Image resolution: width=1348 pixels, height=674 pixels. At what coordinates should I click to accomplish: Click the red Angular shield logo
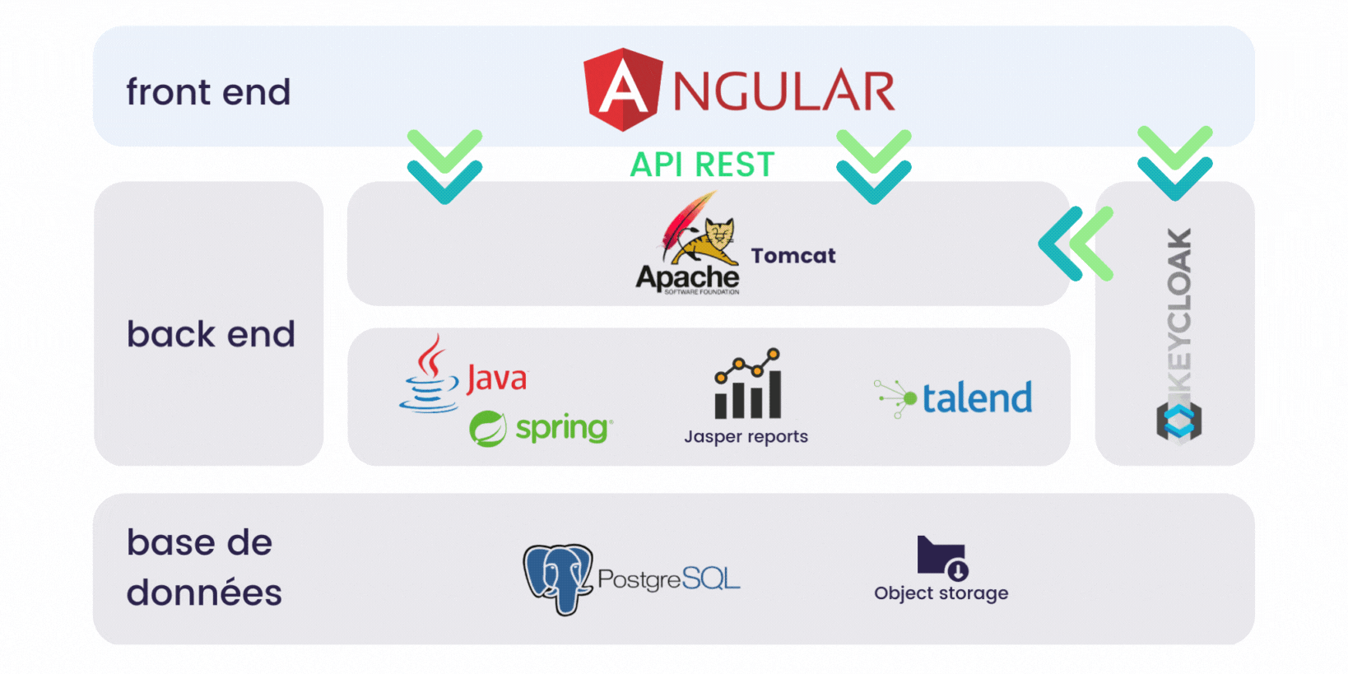(623, 89)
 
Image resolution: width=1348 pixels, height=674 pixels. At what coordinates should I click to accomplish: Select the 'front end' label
(208, 92)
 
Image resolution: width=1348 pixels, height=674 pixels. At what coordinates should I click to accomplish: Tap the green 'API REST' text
(702, 165)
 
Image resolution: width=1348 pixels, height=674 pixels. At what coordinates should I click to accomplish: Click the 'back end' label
(211, 334)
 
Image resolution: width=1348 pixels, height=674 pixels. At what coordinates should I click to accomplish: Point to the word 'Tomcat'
(793, 256)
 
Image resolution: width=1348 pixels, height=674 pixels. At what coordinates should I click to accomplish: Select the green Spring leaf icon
(487, 429)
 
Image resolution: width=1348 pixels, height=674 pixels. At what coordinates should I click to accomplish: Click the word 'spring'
(564, 428)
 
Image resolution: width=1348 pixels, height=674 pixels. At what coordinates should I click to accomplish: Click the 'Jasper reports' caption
(746, 437)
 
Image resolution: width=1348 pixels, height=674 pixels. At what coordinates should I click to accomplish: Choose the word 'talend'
(977, 398)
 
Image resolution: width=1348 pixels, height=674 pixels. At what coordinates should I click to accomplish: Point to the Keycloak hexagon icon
(1178, 421)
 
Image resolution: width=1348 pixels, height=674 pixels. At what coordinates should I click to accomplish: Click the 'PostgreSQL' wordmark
(668, 579)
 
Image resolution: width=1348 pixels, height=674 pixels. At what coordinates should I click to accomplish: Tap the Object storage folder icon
(942, 558)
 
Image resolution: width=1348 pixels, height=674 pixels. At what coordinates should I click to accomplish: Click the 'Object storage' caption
(941, 593)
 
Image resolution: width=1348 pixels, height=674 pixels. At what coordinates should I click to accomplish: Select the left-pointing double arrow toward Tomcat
(1075, 244)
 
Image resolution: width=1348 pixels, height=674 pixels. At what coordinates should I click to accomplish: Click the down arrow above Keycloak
(1174, 163)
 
